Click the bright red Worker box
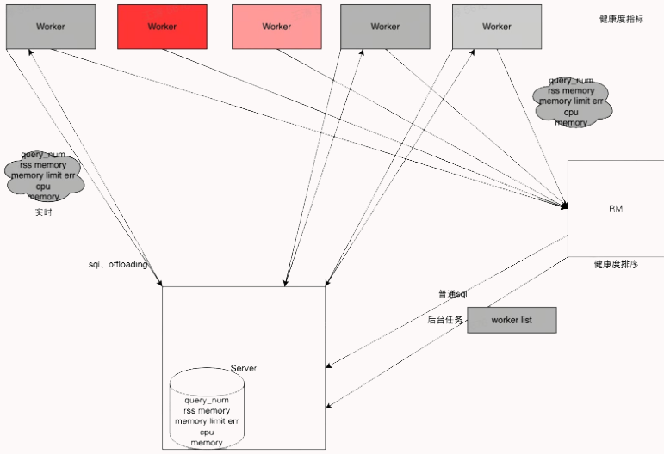[x=162, y=27]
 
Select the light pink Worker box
[x=276, y=27]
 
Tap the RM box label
[x=616, y=209]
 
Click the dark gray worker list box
[x=512, y=320]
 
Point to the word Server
[x=243, y=368]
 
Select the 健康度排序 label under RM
[x=616, y=265]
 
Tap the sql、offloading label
[x=118, y=264]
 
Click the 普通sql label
[x=452, y=294]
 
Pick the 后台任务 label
[x=445, y=320]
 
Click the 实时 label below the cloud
[x=43, y=212]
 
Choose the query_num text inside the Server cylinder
[x=207, y=400]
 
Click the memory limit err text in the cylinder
[x=207, y=421]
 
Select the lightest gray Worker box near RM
[x=497, y=27]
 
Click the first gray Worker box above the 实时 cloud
[x=50, y=27]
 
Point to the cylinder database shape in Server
[x=207, y=409]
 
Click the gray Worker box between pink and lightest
[x=385, y=27]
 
